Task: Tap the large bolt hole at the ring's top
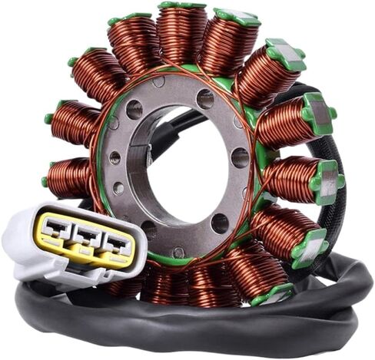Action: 205,98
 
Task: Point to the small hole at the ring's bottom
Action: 178,251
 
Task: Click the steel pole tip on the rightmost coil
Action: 326,180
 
